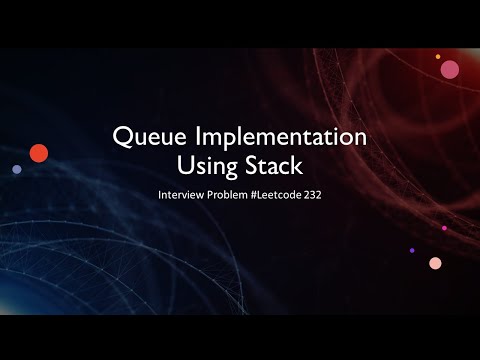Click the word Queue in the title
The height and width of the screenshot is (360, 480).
(x=149, y=136)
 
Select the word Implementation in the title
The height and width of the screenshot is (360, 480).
(x=281, y=138)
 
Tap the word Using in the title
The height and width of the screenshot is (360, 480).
(x=207, y=166)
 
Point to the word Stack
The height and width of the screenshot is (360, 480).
(x=274, y=165)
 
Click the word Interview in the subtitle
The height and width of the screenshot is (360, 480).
(x=181, y=195)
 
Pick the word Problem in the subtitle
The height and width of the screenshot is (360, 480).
(x=227, y=195)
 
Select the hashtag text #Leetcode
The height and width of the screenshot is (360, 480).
(x=276, y=195)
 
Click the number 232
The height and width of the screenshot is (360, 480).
(x=313, y=195)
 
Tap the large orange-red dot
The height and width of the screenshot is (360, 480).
(x=39, y=153)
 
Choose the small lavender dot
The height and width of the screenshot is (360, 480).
(x=17, y=169)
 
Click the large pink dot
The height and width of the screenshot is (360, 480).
(x=450, y=70)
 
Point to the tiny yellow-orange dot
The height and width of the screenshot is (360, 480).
(x=438, y=57)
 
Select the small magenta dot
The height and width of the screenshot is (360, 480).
(x=444, y=228)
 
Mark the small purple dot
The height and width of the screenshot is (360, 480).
(x=412, y=250)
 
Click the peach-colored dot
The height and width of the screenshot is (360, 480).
(x=435, y=263)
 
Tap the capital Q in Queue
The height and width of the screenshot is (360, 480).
(x=122, y=137)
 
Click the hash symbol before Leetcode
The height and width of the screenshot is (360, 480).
(x=254, y=195)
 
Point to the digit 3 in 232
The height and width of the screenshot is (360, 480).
(x=313, y=195)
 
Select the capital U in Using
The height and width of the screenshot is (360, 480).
(x=185, y=165)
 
